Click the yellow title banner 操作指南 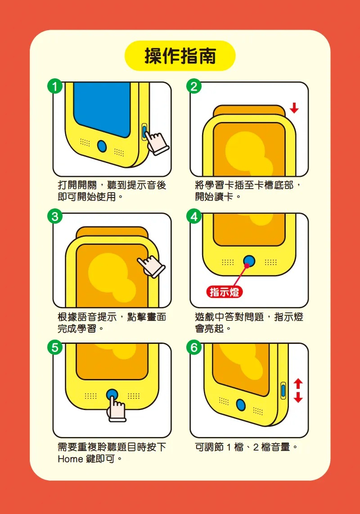(x=180, y=56)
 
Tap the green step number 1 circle (x=55, y=86)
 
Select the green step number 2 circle (x=194, y=86)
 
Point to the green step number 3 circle (x=55, y=216)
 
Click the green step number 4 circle (x=194, y=216)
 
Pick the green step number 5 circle (x=55, y=347)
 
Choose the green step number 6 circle (x=194, y=347)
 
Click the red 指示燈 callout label (x=225, y=292)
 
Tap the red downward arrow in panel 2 (x=294, y=108)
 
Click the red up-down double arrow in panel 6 (x=298, y=391)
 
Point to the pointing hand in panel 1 (x=157, y=143)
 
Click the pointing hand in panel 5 (x=116, y=408)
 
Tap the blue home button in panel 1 (x=102, y=146)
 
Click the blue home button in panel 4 (x=249, y=261)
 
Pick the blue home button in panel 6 (x=241, y=405)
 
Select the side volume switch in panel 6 (x=283, y=391)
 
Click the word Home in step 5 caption (x=70, y=459)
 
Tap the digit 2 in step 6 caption (x=256, y=447)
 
